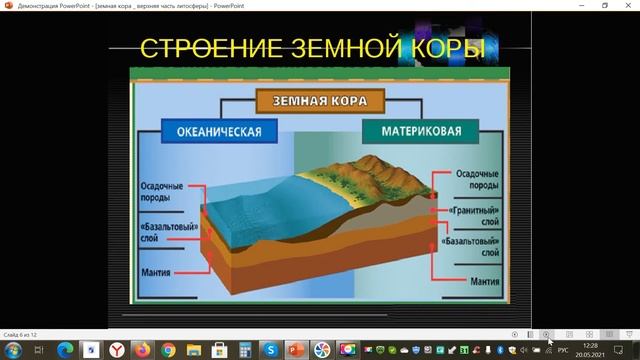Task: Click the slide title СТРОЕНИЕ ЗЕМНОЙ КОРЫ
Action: tap(312, 48)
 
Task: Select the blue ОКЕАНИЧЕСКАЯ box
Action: tap(213, 131)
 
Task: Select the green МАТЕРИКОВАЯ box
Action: tap(413, 131)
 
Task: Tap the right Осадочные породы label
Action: tap(478, 179)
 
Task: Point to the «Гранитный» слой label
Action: tap(479, 215)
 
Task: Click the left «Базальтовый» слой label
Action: tap(163, 233)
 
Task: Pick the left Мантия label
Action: tap(160, 271)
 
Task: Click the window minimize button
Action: tap(579, 5)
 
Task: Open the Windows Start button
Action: tap(11, 349)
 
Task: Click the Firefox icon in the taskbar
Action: tap(142, 349)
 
